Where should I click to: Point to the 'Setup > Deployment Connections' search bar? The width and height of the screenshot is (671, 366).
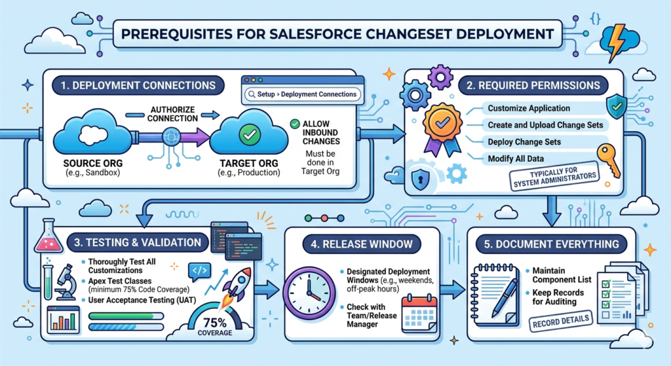(302, 94)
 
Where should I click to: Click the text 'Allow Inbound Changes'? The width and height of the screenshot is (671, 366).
(316, 133)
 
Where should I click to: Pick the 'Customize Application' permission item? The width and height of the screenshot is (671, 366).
(529, 108)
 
